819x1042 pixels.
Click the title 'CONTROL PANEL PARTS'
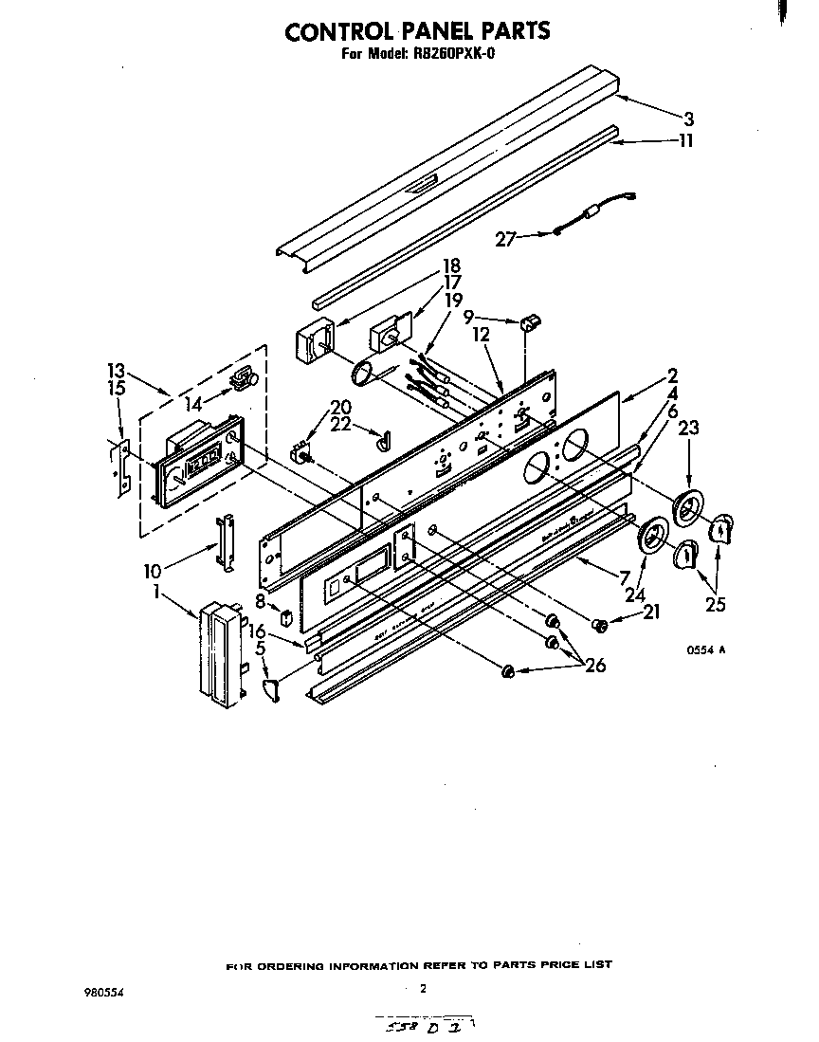point(417,31)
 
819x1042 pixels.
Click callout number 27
point(505,239)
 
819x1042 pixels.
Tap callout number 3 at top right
point(689,119)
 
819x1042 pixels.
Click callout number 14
point(194,404)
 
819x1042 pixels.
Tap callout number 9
point(469,320)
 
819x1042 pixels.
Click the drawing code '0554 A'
point(706,650)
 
